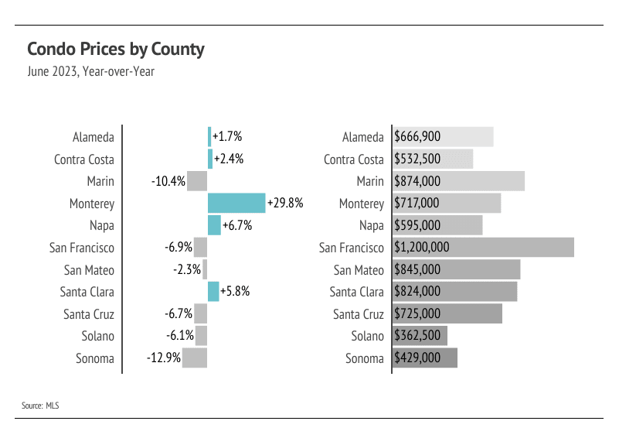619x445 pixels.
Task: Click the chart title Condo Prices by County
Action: pyautogui.click(x=116, y=50)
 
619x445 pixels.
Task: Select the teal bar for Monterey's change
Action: pyautogui.click(x=236, y=204)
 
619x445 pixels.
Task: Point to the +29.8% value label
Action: pyautogui.click(x=285, y=204)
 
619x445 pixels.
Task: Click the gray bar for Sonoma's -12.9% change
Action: pyautogui.click(x=195, y=358)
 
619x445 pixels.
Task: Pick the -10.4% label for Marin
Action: pyautogui.click(x=168, y=181)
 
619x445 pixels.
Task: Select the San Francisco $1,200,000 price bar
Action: pyautogui.click(x=484, y=248)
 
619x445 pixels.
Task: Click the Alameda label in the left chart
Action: pyautogui.click(x=94, y=137)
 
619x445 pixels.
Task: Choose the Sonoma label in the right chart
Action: pyautogui.click(x=365, y=358)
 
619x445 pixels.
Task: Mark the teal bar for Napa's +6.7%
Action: pyautogui.click(x=214, y=225)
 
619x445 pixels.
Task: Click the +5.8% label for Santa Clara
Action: pyautogui.click(x=235, y=292)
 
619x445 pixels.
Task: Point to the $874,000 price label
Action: pyautogui.click(x=417, y=181)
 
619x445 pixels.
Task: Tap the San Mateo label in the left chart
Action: pyautogui.click(x=89, y=270)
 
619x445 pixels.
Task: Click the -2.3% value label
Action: pyautogui.click(x=187, y=270)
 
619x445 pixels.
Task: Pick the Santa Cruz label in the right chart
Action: pyautogui.click(x=359, y=314)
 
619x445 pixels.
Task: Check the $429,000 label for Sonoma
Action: pyautogui.click(x=417, y=358)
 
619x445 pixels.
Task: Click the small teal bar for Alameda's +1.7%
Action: pyautogui.click(x=209, y=137)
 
